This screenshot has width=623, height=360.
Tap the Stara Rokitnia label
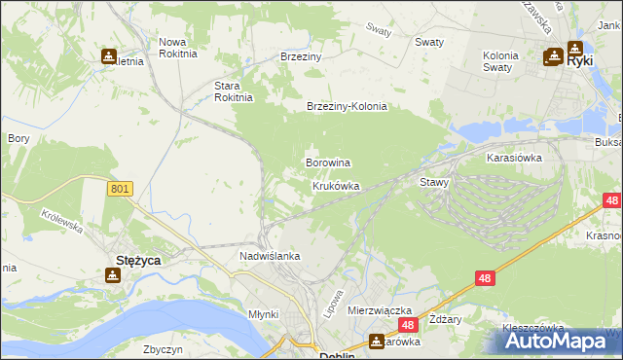coord(234,90)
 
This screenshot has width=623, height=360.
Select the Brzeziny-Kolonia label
coord(347,106)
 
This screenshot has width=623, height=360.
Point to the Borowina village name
coord(328,162)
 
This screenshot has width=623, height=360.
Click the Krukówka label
coord(336,186)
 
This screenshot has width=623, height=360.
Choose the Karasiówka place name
coord(514,156)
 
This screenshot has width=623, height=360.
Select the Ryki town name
coord(580,60)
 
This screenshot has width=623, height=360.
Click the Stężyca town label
coord(138,261)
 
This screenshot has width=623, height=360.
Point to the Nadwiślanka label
coord(270,256)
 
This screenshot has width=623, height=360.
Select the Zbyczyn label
coord(163,348)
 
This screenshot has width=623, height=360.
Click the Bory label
coord(18,138)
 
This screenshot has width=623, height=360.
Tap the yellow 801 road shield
coord(120,189)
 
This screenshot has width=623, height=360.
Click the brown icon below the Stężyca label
coord(113,276)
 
